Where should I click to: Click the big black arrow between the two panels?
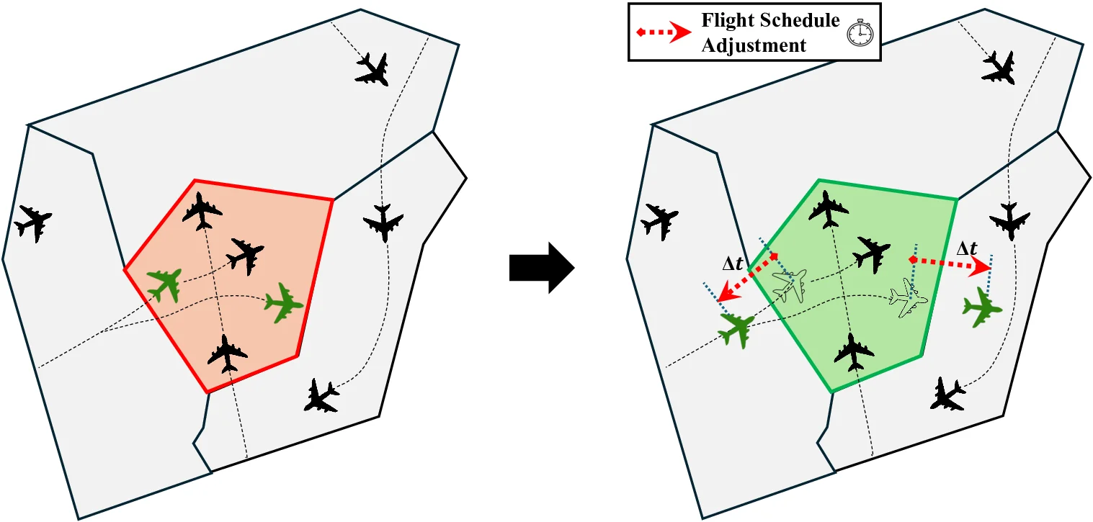pos(541,267)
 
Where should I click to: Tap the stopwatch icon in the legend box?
pos(858,33)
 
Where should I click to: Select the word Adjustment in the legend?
pos(754,45)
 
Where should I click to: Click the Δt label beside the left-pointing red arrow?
pos(733,264)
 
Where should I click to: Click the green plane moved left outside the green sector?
pos(736,330)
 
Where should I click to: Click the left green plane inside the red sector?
pos(165,284)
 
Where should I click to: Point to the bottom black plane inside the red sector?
pos(228,353)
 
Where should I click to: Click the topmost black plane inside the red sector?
pos(202,211)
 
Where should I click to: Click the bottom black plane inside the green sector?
pos(854,351)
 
